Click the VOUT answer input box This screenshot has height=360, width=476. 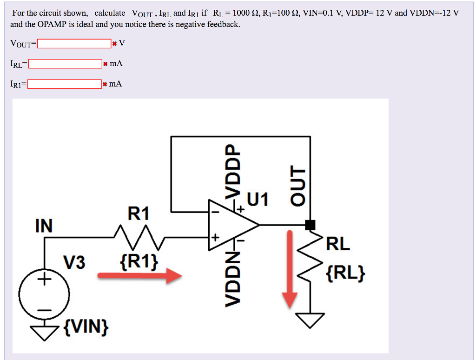[x=74, y=44]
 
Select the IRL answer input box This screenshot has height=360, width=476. [x=65, y=64]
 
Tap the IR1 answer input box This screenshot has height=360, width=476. [x=64, y=84]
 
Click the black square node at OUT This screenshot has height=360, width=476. [x=310, y=225]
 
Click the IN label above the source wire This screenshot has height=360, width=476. [x=44, y=226]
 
